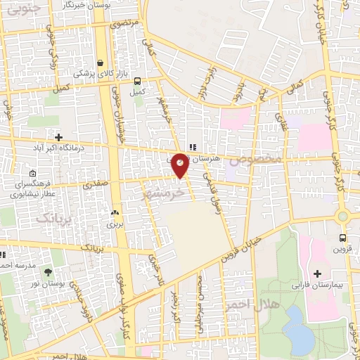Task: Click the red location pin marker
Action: click(180, 164)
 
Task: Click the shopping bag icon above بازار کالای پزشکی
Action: click(101, 63)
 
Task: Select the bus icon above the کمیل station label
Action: click(137, 81)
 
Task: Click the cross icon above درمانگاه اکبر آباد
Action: click(58, 137)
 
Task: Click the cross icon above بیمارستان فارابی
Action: click(317, 273)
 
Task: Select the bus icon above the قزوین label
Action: click(342, 238)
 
